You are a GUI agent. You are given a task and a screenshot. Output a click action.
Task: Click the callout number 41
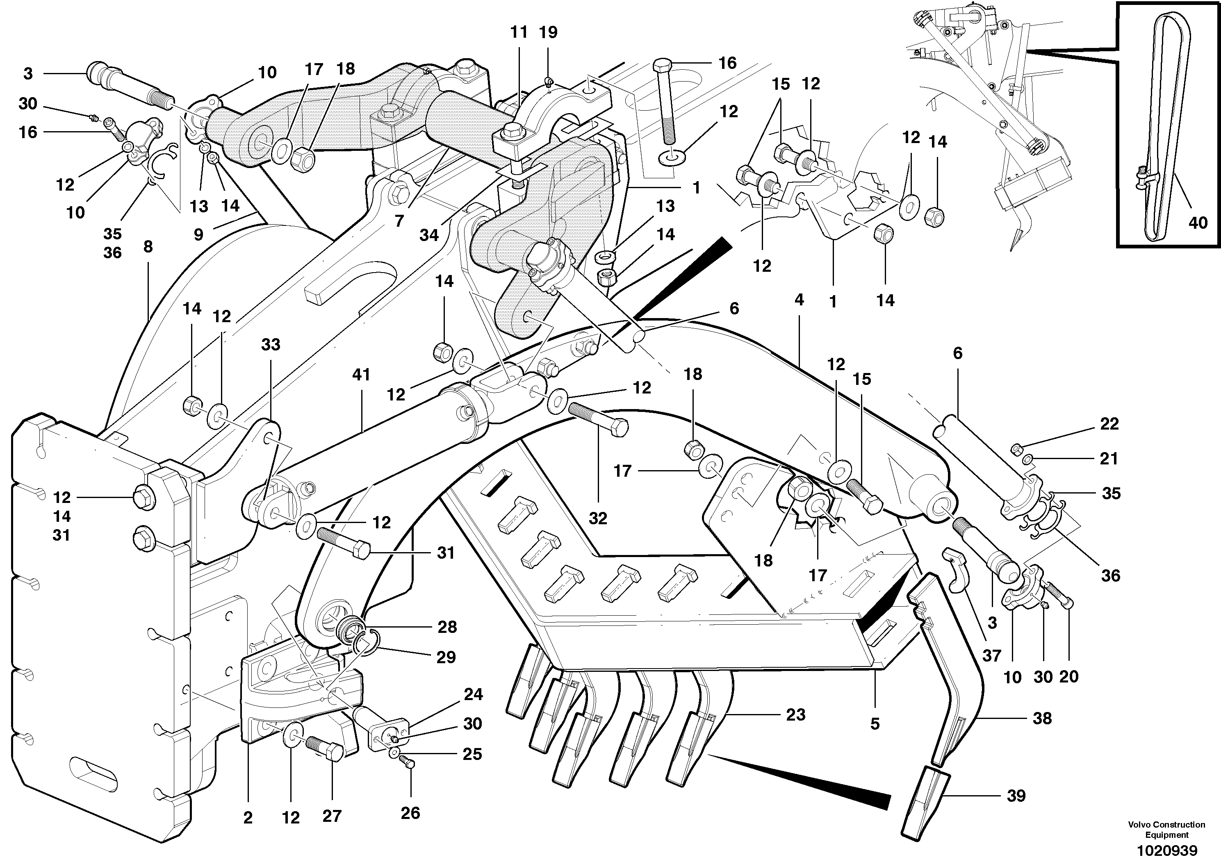[x=361, y=375]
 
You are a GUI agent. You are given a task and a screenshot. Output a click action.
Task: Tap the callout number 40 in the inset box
[x=1197, y=223]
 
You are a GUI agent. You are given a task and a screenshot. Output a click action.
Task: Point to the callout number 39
[x=1016, y=796]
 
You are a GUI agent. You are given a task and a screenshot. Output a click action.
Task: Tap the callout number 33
[x=270, y=345]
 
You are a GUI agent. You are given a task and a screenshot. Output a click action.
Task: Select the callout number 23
[x=795, y=715]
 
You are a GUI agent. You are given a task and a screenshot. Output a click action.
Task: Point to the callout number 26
[x=410, y=813]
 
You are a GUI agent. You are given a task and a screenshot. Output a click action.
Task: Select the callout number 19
[x=548, y=32]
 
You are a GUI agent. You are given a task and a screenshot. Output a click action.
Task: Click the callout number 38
[x=1042, y=719]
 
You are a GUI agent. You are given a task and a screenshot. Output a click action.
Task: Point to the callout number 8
[x=148, y=246]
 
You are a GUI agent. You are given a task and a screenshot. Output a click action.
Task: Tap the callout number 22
[x=1109, y=424]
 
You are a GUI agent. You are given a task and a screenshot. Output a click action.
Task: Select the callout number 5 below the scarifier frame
[x=875, y=724]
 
